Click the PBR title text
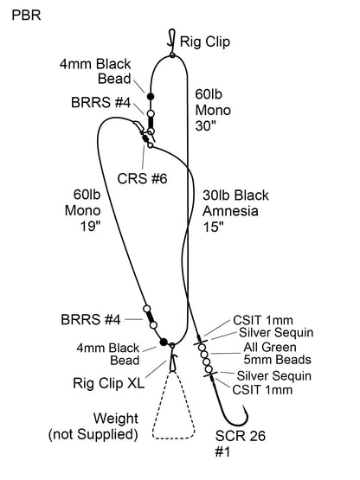[25, 16]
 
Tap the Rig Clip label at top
[205, 41]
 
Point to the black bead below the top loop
[151, 96]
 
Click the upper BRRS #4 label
[101, 103]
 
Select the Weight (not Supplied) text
[94, 426]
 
